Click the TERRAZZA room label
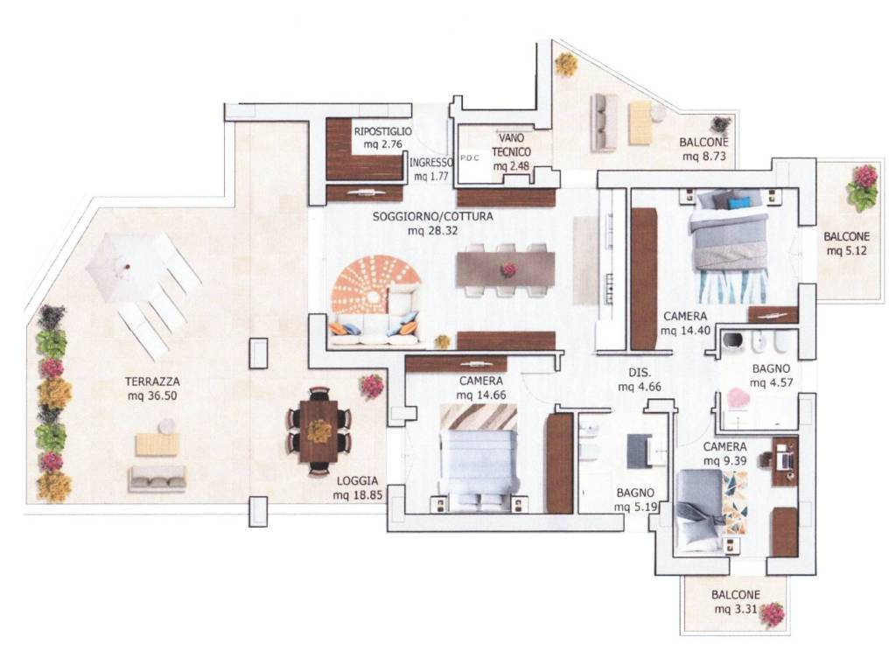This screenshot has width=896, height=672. pos(152,381)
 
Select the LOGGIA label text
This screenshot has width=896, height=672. pos(357,481)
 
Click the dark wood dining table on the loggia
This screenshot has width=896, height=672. pos(318,430)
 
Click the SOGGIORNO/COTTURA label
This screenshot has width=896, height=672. pos(432,217)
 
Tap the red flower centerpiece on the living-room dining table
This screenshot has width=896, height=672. pos(507,269)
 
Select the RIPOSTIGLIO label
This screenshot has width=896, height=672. pos(383,131)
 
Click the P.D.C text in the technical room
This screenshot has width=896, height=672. pos(470,158)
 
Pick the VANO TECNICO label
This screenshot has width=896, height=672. pos(511,145)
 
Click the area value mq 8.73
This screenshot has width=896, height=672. pos(703,156)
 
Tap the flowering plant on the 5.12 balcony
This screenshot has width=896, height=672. pos(862,187)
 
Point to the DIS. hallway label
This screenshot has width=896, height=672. pos(640,373)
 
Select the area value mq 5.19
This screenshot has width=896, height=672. pos(634,507)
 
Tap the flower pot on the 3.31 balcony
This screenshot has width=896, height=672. pos(773,615)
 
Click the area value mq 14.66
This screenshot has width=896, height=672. pos(481,395)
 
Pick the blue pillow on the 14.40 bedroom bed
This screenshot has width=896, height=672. pos(741,202)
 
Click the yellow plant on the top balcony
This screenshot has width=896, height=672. pos(566,65)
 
